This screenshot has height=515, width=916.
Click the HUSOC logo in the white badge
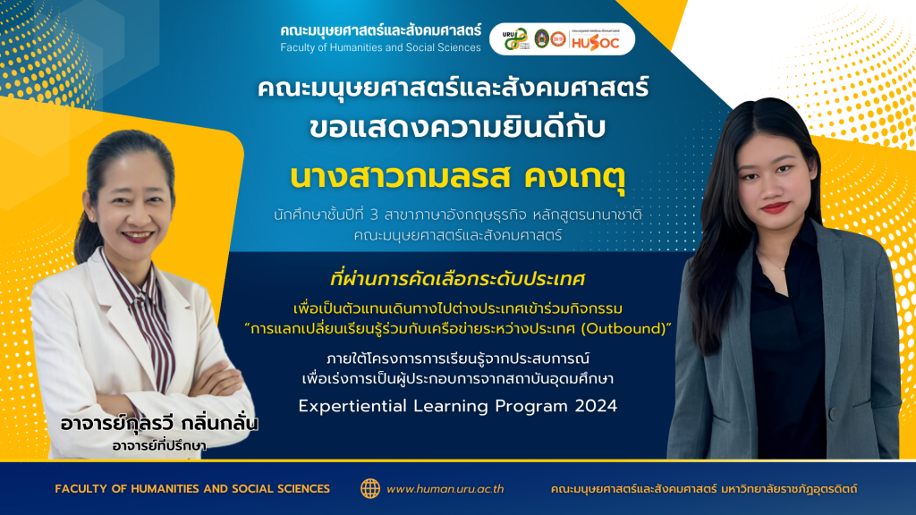pyautogui.click(x=595, y=42)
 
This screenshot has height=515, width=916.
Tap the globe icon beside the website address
pyautogui.click(x=369, y=489)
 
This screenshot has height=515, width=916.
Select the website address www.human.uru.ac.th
pyautogui.click(x=445, y=489)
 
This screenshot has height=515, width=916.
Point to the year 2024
pyautogui.click(x=596, y=406)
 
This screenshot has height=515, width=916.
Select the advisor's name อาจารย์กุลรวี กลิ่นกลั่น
pyautogui.click(x=159, y=423)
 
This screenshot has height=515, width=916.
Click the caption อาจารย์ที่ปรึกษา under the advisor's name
pyautogui.click(x=159, y=446)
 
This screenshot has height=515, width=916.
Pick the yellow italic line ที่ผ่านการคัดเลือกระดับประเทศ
pyautogui.click(x=457, y=279)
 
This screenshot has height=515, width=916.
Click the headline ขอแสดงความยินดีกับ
pyautogui.click(x=457, y=128)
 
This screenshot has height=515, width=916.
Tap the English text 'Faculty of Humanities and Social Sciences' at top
pyautogui.click(x=380, y=47)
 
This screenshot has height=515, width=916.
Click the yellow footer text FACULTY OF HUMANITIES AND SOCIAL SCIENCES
pyautogui.click(x=192, y=489)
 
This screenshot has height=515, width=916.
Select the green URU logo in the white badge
pyautogui.click(x=516, y=39)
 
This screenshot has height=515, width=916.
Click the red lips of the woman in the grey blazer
pyautogui.click(x=775, y=207)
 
